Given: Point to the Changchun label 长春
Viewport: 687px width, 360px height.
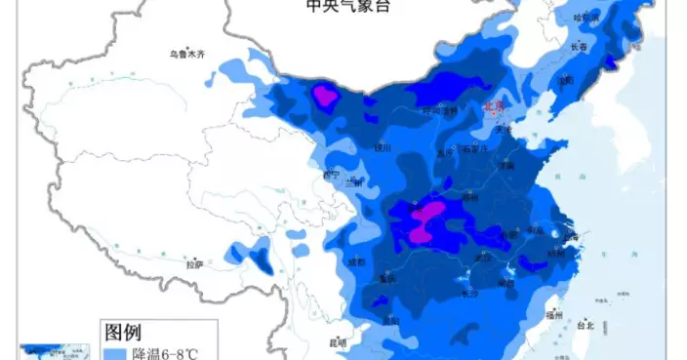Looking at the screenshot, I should click(x=579, y=47).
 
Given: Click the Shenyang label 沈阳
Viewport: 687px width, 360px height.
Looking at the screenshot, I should click(x=564, y=80).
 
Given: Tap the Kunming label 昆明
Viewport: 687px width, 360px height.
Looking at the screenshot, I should click(x=338, y=342).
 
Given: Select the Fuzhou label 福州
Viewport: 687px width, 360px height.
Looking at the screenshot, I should click(x=555, y=315).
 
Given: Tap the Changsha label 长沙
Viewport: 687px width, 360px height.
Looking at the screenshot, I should click(x=469, y=291).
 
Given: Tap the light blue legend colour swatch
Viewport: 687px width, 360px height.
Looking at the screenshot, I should click(x=115, y=352).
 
